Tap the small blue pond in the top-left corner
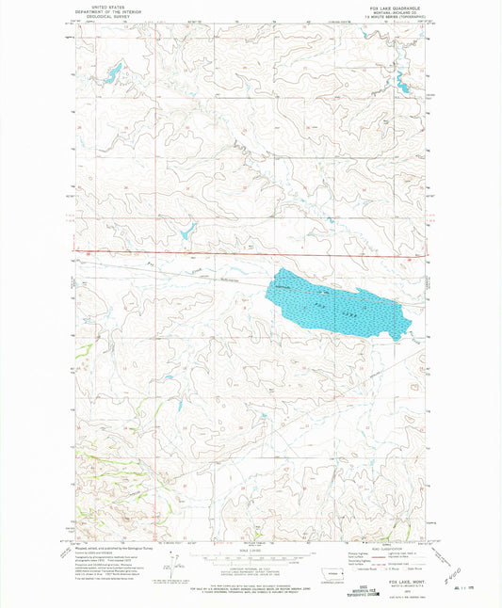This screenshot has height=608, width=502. pyautogui.click(x=111, y=71)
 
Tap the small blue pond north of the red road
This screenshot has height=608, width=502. pyautogui.click(x=186, y=228)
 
